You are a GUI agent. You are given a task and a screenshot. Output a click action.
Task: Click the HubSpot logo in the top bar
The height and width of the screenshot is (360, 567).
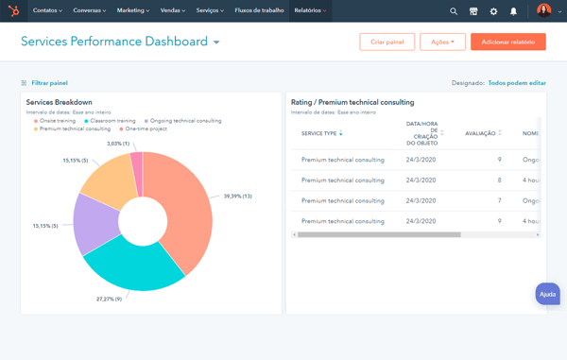coord(13,11)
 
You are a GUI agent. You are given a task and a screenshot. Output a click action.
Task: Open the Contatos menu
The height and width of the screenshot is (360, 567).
coord(47,11)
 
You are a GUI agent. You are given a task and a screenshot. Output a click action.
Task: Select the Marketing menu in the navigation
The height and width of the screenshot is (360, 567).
coord(133,11)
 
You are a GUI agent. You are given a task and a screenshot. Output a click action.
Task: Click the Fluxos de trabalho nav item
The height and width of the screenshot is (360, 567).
coord(259,11)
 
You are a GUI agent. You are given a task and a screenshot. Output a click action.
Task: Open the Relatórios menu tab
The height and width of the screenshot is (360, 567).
coord(310,11)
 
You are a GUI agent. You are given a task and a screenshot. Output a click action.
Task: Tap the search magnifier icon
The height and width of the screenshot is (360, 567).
coord(454,11)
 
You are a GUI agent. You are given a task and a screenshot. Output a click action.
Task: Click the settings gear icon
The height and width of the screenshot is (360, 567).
coord(493,11)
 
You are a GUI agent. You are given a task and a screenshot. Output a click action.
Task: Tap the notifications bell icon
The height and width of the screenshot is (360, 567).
coord(513,11)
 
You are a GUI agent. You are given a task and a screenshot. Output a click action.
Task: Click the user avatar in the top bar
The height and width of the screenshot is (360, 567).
coord(543,11)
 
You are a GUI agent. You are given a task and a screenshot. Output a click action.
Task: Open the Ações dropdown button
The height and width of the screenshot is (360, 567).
coord(442,43)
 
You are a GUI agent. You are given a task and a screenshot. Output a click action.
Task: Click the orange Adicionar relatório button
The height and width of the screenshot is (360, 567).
coord(507,43)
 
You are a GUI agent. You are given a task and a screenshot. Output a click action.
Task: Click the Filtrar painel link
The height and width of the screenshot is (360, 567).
coord(49,83)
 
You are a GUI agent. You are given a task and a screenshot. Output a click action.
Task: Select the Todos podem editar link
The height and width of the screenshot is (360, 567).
coord(516,83)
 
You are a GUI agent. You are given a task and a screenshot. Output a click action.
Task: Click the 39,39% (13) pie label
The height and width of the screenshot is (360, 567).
coord(237,197)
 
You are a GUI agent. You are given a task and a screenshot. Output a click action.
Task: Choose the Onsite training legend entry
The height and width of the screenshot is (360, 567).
coord(57,121)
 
